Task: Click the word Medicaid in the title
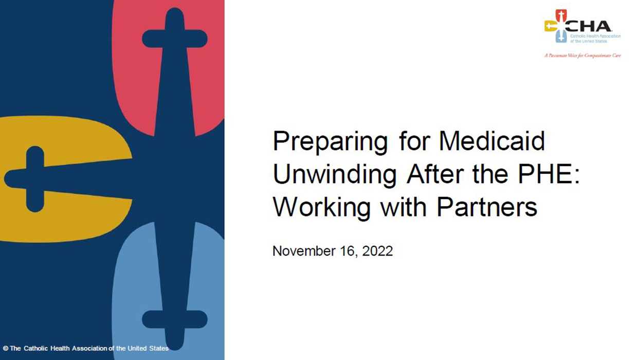492,141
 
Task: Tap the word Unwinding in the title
335,174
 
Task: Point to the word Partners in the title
487,207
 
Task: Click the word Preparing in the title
330,142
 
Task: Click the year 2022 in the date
377,251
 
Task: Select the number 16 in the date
347,251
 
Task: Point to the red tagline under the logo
583,56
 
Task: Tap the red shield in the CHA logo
561,15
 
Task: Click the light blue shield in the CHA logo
561,37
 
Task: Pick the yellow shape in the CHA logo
550,26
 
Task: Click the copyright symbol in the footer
6,348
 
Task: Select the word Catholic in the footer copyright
36,348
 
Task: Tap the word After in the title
435,174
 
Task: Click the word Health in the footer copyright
60,348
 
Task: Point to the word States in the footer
159,348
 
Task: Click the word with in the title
404,207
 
